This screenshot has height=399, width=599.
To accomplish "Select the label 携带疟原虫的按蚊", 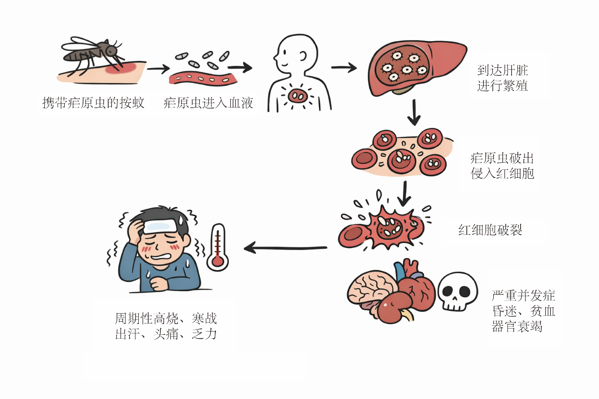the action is point(93,103).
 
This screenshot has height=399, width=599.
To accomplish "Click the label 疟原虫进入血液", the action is point(208,103).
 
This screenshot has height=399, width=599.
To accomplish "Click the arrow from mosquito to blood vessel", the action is point(158,69).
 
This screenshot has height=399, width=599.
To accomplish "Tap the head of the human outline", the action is point(296,53).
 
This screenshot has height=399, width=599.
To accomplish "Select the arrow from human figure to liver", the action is point(344,67).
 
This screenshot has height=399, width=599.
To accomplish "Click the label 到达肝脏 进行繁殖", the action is point(502,78).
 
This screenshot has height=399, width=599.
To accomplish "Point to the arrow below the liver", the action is point(414,112).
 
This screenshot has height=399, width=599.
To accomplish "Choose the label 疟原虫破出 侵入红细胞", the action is point(502,166).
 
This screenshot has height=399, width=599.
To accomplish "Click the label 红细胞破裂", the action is point(490,230).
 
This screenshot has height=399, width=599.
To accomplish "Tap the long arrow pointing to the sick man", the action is point(285,248).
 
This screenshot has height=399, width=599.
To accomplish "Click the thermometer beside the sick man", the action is point(218,247).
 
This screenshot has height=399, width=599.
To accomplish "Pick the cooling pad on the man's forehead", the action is point(160,226).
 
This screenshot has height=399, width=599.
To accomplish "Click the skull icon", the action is point(457,291).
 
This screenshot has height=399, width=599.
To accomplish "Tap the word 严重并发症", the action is point(523,296).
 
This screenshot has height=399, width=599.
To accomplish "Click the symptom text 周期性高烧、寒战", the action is point(166,318).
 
